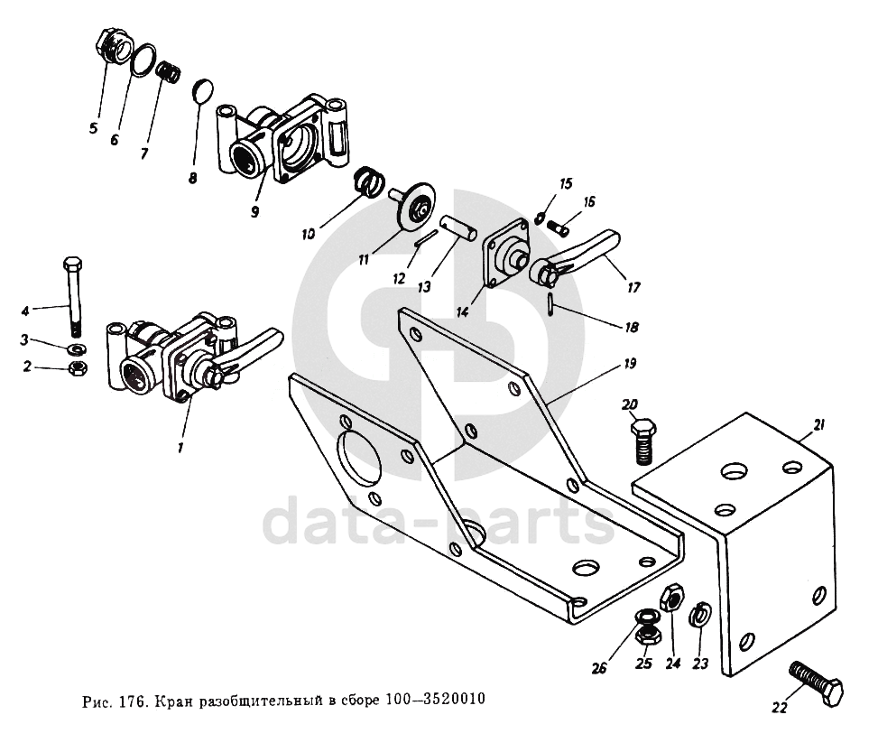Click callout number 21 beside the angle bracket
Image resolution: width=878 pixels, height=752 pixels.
[x=818, y=425]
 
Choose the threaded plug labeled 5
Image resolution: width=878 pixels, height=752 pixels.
[x=115, y=46]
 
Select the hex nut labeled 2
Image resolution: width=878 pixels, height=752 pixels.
[x=78, y=367]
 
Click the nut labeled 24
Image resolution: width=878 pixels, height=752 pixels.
[x=672, y=599]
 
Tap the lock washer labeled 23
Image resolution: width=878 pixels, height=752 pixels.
[x=698, y=617]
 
